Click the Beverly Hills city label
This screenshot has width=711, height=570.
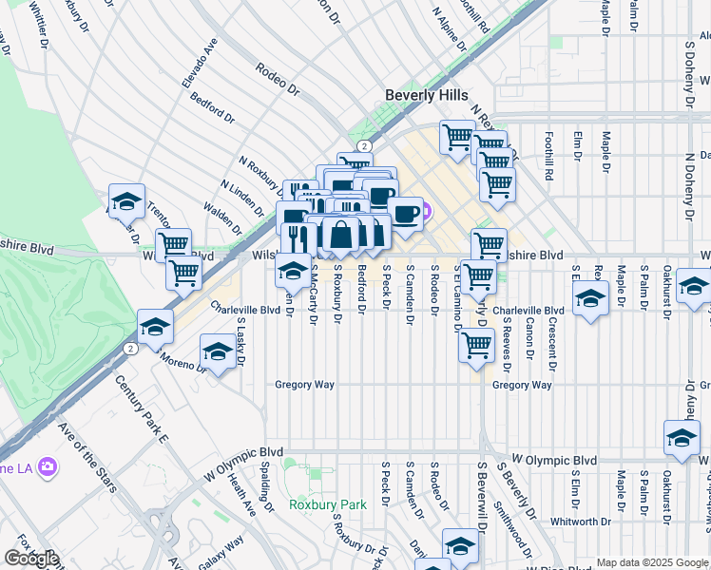[427, 95]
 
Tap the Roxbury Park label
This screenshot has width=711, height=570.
[327, 504]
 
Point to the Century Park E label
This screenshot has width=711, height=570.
[142, 408]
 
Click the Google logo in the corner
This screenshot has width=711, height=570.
[31, 559]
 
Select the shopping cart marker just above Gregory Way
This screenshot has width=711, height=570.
[476, 346]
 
